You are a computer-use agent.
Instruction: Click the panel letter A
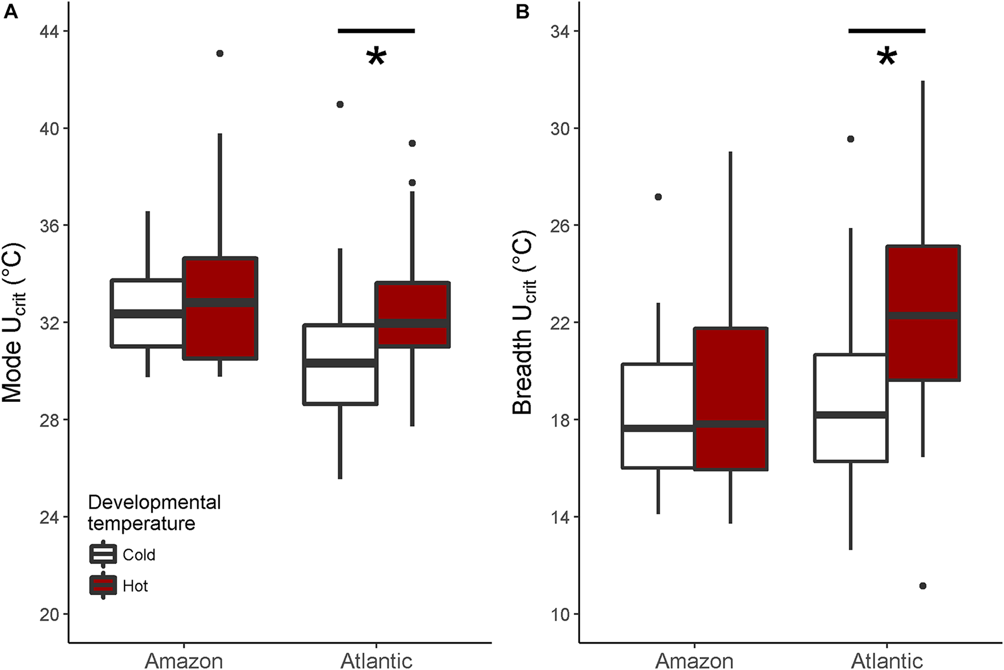coord(10,11)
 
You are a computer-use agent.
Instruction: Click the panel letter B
coord(522,11)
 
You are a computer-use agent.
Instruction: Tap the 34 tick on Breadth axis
coord(560,31)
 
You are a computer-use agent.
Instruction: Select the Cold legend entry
coord(138,554)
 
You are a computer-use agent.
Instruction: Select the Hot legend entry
coord(135,586)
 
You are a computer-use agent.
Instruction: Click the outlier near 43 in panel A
coord(220,53)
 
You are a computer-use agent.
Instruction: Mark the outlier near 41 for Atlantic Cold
coord(340,104)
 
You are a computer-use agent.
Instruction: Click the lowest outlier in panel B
coord(922,586)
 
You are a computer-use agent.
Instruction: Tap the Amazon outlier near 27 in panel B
coord(658,197)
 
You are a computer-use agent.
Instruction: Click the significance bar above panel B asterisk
coord(887,31)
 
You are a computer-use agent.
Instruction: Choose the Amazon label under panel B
coord(694,661)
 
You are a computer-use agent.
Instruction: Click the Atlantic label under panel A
coord(377,661)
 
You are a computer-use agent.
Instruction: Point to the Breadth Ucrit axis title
coord(524,323)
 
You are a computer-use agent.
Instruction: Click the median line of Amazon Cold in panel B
coord(658,428)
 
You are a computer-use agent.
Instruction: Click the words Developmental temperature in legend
coord(154,512)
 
